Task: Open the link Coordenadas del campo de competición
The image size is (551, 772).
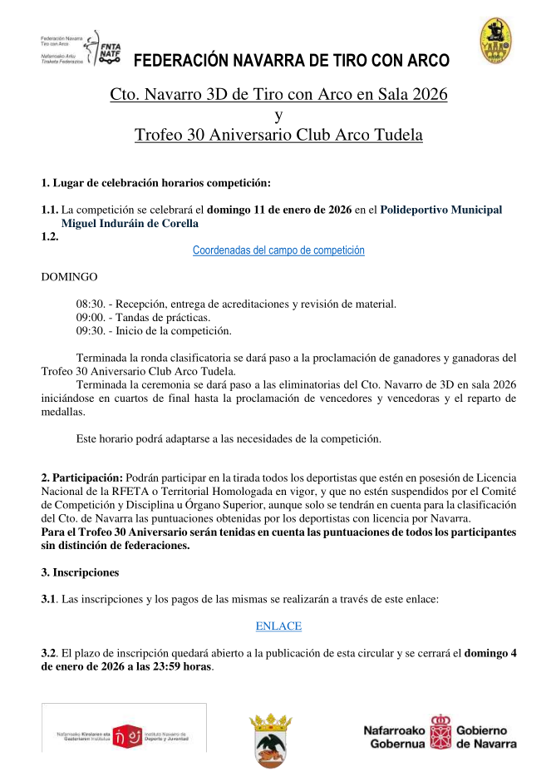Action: (278, 250)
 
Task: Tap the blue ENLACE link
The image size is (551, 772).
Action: (278, 626)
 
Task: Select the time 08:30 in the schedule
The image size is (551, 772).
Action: (90, 304)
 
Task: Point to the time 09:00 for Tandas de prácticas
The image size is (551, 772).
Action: (90, 318)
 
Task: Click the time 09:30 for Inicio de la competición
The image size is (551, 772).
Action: (90, 331)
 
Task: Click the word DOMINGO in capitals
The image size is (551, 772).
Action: (70, 276)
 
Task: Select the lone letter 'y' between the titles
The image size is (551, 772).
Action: (278, 115)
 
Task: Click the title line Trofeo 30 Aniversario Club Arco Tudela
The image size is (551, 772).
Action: (278, 135)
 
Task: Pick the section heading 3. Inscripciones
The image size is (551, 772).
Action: (80, 572)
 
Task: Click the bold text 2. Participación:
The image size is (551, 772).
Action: (82, 478)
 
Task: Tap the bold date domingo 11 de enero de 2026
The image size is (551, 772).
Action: (279, 210)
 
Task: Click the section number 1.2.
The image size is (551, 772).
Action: (51, 236)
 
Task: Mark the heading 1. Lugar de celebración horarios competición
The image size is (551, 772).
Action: (156, 182)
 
